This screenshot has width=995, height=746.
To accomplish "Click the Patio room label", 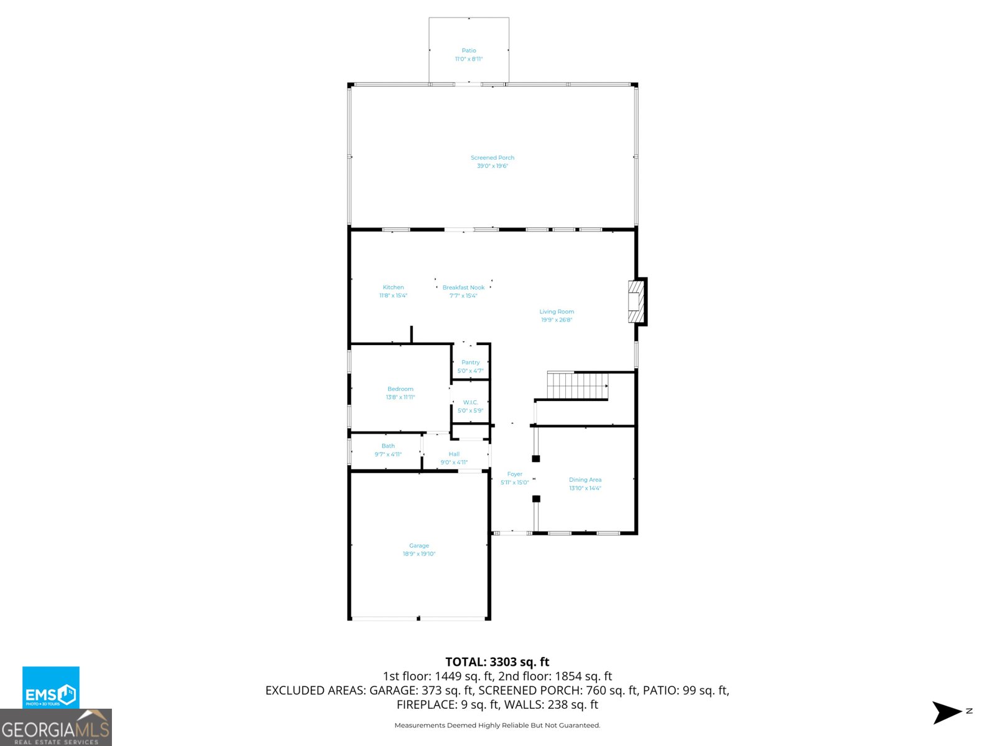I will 469,50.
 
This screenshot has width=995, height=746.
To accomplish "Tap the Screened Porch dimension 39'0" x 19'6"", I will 493,166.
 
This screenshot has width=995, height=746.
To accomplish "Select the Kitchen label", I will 393,287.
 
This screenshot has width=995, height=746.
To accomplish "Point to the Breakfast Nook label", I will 463,287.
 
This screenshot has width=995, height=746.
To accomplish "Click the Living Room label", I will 557,311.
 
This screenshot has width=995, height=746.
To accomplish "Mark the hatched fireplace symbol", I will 636,302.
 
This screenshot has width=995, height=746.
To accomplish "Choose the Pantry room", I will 471,362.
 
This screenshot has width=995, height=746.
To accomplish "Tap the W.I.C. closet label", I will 470,402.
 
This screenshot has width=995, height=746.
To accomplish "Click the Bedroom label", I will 400,389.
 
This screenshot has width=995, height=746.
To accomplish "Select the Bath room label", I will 388,446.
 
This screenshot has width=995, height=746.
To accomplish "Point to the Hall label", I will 454,454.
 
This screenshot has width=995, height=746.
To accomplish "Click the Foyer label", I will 514,474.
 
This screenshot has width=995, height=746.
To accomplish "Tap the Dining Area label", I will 585,480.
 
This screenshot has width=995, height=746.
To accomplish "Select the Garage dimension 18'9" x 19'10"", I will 419,554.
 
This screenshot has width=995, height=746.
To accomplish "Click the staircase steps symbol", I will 576,385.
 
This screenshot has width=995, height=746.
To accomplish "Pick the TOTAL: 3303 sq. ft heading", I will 497,662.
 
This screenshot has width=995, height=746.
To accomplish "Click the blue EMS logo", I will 51,688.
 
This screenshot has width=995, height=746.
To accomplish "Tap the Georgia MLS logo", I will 56,728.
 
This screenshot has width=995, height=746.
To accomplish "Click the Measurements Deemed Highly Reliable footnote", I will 497,725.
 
